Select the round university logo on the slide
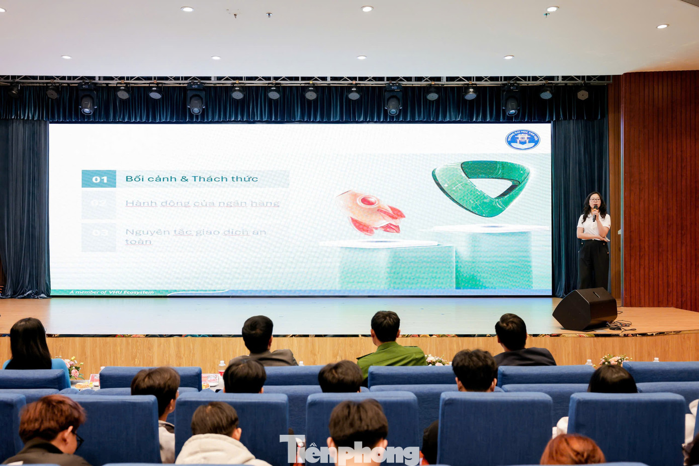(522, 139)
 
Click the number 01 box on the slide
(99, 179)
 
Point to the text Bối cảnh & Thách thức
(192, 179)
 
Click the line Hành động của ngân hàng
(202, 203)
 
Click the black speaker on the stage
(584, 308)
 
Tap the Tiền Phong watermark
(349, 450)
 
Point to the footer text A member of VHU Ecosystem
(112, 292)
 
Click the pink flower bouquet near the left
(74, 367)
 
